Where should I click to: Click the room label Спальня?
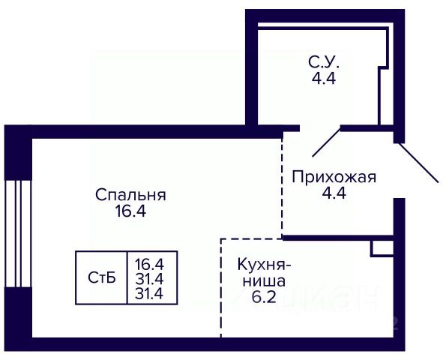(130, 195)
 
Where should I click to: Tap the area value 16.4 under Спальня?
(130, 211)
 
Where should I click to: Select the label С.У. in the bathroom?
(324, 62)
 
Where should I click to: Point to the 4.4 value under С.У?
(324, 78)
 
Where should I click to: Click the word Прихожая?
(334, 178)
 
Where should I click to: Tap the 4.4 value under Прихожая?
(334, 193)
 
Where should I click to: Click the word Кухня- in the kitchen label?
(264, 265)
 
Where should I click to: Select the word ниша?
(264, 281)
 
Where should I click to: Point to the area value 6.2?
(264, 297)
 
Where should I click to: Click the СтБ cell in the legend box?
(102, 277)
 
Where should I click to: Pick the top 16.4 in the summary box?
(149, 265)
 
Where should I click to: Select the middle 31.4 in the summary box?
(149, 280)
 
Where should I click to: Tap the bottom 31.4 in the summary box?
(149, 294)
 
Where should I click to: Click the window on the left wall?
(18, 234)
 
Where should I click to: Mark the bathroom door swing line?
(326, 142)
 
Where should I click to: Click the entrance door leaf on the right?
(418, 162)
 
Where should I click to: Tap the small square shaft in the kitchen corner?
(382, 248)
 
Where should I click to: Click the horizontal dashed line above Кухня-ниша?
(251, 239)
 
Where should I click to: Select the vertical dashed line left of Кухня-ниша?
(221, 288)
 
